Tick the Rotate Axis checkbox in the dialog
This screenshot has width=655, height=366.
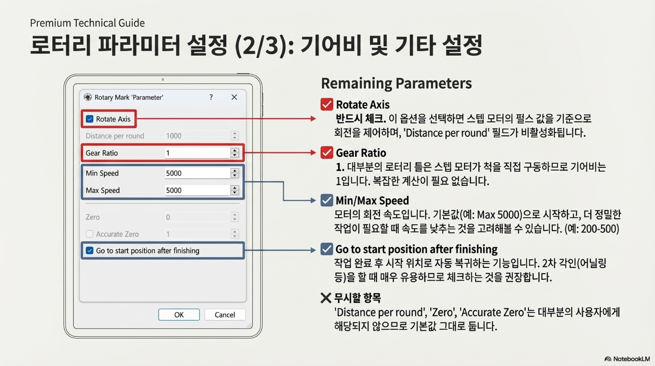coord(89,119)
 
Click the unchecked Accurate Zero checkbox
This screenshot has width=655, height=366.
coord(89,234)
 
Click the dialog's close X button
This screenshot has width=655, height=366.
coord(234,97)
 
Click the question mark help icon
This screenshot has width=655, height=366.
coord(211,97)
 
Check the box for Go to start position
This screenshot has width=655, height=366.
coord(89,251)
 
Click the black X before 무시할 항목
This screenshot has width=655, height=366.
coord(326,298)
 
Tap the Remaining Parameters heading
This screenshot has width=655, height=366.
coord(396,83)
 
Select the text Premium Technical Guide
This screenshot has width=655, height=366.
coord(87,23)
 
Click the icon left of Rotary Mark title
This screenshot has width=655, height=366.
coord(88,97)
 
